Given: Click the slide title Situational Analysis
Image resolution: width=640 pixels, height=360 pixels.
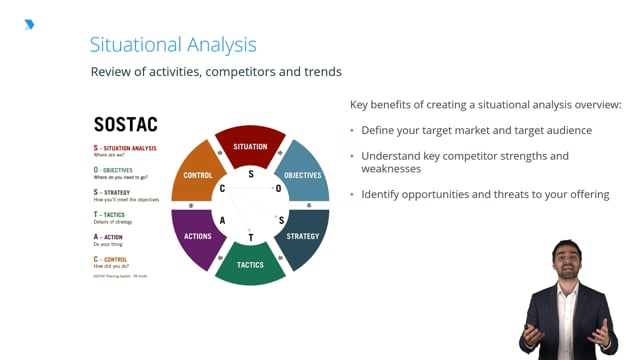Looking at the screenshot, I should coord(173,45).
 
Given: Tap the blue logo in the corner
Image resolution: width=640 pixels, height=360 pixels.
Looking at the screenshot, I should coord(29,24).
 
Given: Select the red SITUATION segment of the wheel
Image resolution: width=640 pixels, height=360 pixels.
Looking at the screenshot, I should coord(250,146).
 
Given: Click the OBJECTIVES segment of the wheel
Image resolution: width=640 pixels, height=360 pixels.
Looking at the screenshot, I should coord(301,174).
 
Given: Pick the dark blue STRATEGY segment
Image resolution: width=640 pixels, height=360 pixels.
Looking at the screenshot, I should coord(302,235).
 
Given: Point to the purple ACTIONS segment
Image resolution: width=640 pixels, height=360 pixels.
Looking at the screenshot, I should coord(198,236).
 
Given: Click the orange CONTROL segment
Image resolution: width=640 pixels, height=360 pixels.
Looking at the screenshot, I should coord(198,175).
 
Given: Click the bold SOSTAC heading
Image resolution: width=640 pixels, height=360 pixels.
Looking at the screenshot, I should coord(125,125).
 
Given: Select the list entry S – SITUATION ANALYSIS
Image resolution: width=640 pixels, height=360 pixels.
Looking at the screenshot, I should coord(125,148).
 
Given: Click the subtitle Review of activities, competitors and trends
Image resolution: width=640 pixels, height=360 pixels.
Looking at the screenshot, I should coord(216,72).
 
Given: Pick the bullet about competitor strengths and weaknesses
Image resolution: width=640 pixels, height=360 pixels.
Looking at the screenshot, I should coord(465,162).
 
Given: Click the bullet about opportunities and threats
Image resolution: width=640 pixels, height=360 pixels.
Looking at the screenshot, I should coord(485,194).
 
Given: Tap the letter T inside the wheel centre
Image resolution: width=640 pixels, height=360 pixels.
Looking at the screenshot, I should coord(251,237).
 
